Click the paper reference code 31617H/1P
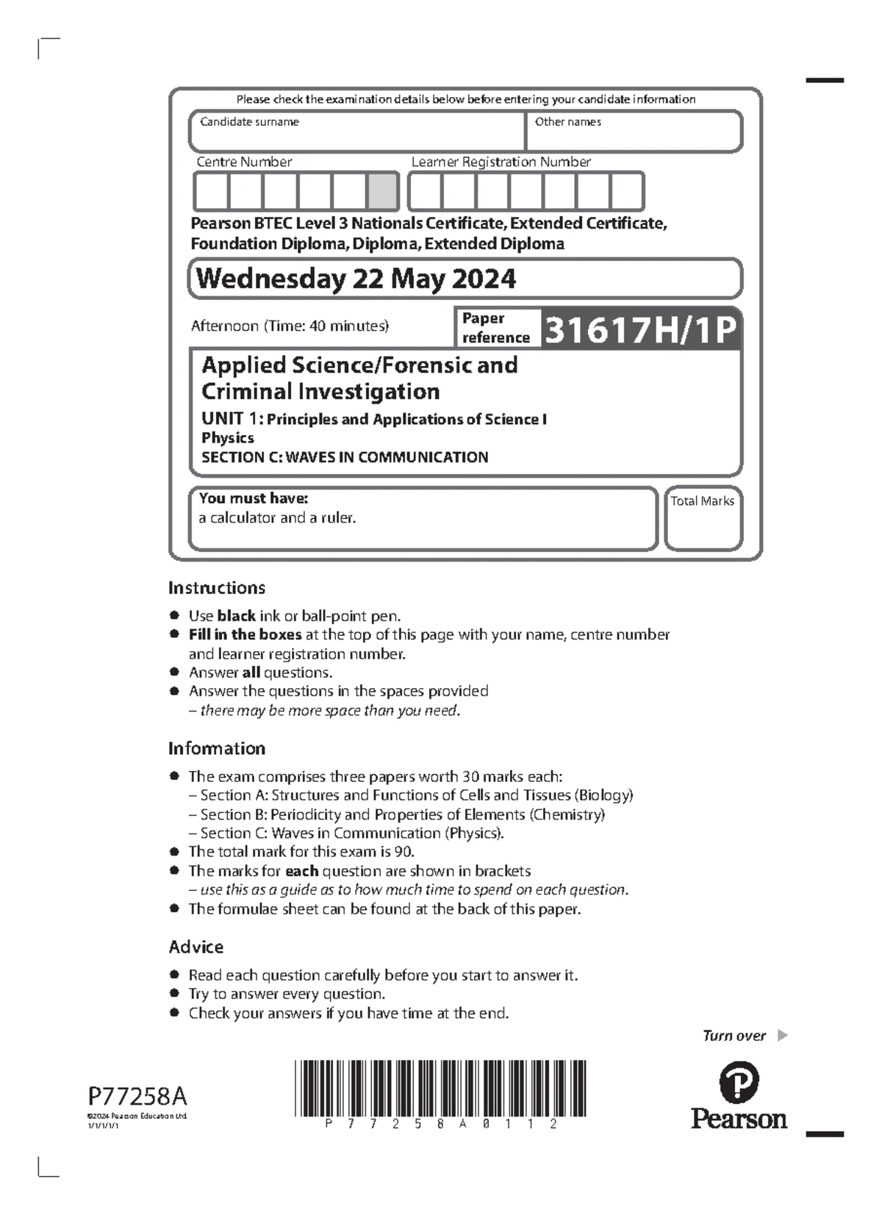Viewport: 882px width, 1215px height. tap(639, 329)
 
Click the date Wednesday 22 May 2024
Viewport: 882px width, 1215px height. tap(356, 279)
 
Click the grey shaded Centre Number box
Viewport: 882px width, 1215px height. tap(382, 191)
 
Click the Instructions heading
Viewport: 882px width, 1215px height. tap(216, 587)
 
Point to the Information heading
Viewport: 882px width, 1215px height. tap(216, 748)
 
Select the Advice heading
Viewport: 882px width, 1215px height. tap(196, 947)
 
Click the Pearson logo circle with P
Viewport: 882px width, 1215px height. tap(739, 1082)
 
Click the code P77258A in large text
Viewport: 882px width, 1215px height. tap(137, 1096)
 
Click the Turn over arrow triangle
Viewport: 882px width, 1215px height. tap(782, 1035)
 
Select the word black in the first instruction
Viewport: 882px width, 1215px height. tap(236, 616)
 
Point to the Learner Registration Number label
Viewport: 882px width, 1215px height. tap(501, 162)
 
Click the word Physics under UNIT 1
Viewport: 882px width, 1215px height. tap(228, 438)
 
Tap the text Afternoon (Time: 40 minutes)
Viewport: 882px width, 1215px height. tap(290, 326)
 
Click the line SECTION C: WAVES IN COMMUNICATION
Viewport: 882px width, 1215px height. tap(345, 457)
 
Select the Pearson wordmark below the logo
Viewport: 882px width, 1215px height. tap(739, 1119)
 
